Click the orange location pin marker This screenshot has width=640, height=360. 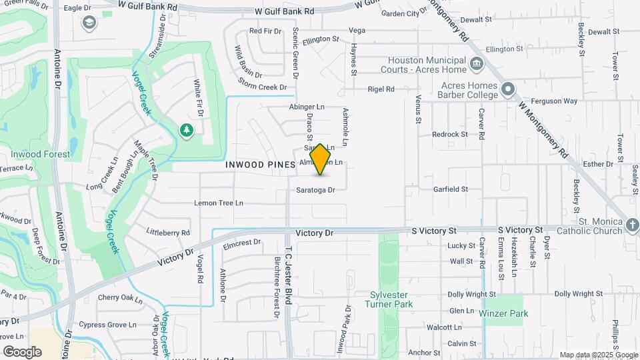pos(320,159)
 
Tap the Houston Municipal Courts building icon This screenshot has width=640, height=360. pos(477,65)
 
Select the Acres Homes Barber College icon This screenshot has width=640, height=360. pos(508,89)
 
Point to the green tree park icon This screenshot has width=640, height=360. pos(187,131)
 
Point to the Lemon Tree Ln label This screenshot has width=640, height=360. pos(219,203)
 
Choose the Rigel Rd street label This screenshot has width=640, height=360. pos(381,89)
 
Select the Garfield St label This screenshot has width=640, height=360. pos(450,189)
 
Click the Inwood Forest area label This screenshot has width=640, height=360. pos(40,154)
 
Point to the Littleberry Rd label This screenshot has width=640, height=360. pos(168,233)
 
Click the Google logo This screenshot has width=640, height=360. pos(22,351)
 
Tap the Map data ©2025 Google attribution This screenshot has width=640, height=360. pos(598,355)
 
